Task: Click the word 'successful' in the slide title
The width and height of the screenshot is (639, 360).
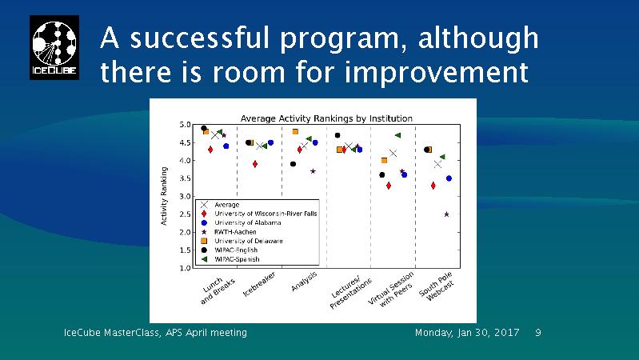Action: pyautogui.click(x=199, y=38)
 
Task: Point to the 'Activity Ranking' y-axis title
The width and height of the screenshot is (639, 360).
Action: pyautogui.click(x=165, y=196)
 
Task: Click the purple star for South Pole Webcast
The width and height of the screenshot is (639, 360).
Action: pyautogui.click(x=446, y=214)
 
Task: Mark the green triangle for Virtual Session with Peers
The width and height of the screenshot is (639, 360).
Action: pyautogui.click(x=397, y=136)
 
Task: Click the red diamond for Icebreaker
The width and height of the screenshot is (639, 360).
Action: pyautogui.click(x=255, y=164)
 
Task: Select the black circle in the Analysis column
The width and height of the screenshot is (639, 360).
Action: pyautogui.click(x=294, y=164)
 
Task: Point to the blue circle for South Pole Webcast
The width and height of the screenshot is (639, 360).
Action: pyautogui.click(x=449, y=178)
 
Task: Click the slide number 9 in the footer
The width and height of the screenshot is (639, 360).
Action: pyautogui.click(x=537, y=332)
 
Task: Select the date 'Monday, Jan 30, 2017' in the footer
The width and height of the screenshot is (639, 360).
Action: pyautogui.click(x=467, y=332)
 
